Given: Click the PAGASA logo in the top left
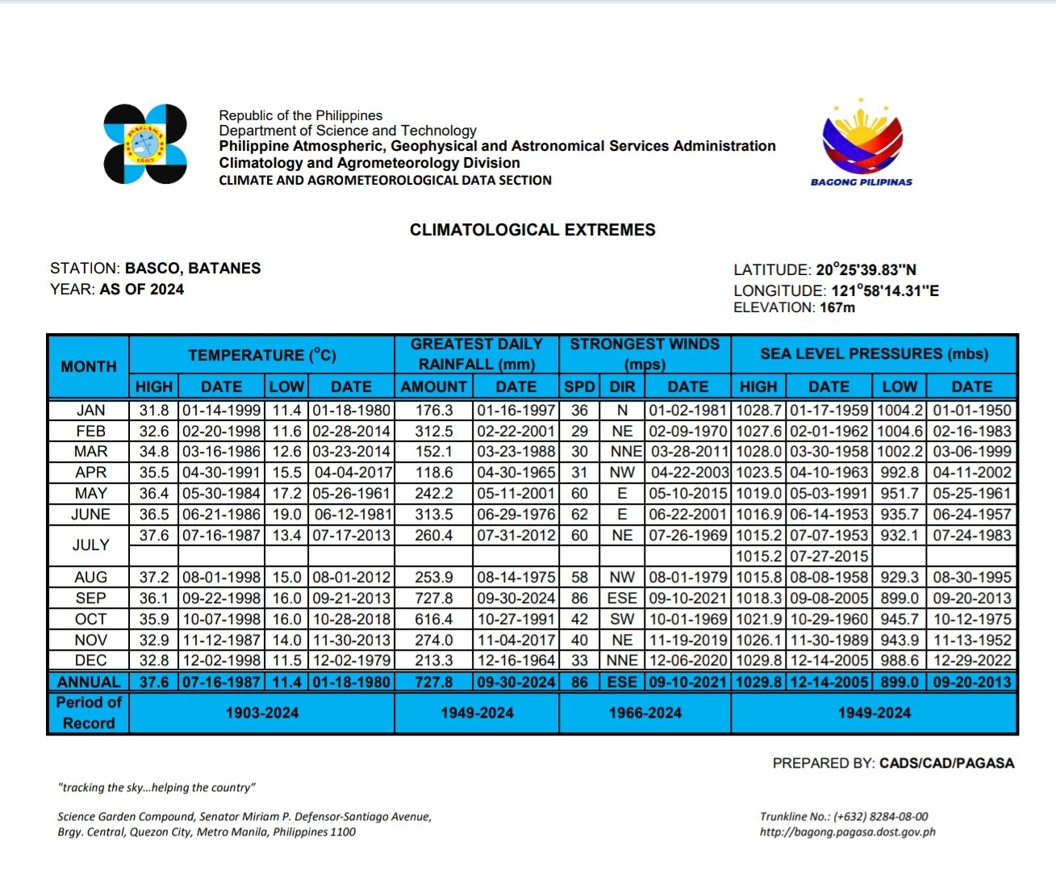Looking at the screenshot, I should click(145, 144).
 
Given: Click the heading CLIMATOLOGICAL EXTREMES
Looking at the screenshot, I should click(532, 230).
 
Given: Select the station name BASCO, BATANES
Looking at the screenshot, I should click(193, 269).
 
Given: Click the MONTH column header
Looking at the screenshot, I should click(89, 366).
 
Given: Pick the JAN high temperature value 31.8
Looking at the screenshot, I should click(154, 410).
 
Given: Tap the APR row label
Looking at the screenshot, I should click(90, 473).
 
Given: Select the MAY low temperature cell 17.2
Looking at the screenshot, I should click(286, 494).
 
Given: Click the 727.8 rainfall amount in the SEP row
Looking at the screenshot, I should click(434, 598).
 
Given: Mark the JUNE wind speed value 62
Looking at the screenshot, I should click(579, 515).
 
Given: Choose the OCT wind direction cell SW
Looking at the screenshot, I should click(622, 619).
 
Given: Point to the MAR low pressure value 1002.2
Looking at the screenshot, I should click(899, 452).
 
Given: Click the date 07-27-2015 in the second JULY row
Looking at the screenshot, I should click(829, 556).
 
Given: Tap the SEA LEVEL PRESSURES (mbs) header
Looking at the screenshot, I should click(874, 354).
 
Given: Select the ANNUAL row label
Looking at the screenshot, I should click(89, 682).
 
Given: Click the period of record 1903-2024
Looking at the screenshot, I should click(262, 713).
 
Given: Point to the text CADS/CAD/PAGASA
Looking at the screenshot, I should click(946, 763).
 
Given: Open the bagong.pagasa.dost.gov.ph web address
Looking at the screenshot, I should click(847, 832).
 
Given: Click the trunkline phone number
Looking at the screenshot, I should click(880, 816).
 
